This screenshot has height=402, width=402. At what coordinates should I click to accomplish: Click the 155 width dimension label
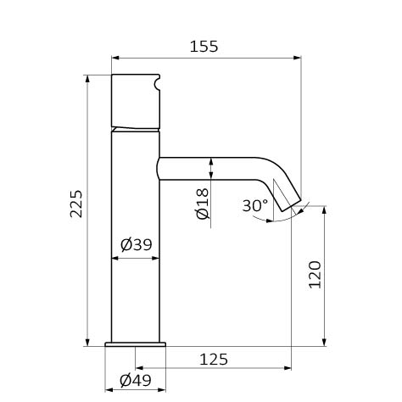coord(204,47)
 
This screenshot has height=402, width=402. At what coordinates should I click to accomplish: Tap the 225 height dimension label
coord(76,204)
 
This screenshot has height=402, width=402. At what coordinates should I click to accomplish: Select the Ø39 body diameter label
coord(137,244)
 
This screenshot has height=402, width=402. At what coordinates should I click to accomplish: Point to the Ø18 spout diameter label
coord(203,204)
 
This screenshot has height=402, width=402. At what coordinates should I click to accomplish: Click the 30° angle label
coord(255,205)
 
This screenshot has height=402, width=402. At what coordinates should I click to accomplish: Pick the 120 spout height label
coord(315,275)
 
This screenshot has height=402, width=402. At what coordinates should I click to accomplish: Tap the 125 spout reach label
coord(214,360)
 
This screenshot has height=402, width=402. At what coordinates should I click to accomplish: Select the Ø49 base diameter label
coord(136,381)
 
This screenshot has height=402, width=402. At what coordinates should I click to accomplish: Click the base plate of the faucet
coord(135,344)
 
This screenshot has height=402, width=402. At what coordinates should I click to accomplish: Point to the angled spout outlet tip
coord(291,205)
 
